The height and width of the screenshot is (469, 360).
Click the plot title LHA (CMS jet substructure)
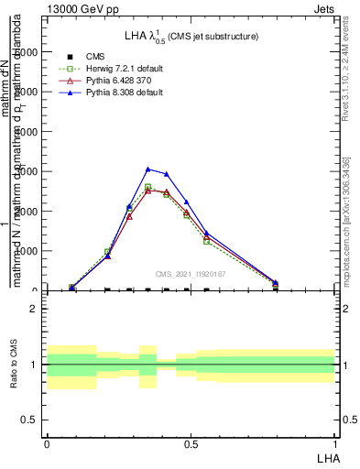191,36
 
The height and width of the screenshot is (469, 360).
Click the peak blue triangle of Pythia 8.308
147,169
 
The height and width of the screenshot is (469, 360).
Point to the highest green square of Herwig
147,187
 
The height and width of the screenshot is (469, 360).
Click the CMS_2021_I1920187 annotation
190,273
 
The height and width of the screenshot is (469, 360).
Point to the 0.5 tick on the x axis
191,444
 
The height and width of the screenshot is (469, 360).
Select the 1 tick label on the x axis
335,444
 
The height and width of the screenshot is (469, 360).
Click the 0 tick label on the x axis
47,444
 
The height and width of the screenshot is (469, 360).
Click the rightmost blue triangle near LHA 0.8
275,282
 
